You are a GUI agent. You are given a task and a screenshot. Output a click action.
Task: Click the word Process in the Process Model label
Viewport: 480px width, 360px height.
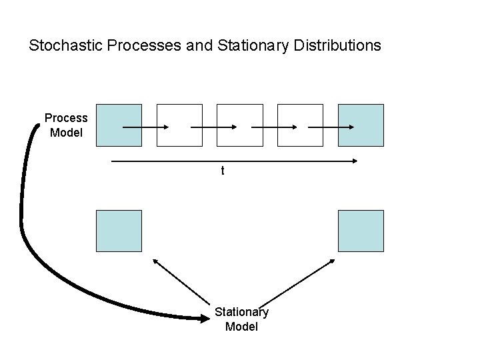pos(66,118)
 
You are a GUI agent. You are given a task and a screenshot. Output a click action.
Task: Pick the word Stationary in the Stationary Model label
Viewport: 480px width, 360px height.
pos(241,312)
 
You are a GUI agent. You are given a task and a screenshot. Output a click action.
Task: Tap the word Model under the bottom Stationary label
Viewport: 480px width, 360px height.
pos(241,327)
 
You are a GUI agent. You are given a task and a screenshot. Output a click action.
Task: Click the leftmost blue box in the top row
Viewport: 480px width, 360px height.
pos(119,125)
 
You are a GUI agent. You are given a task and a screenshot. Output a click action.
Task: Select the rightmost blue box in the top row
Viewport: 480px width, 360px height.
pos(361,125)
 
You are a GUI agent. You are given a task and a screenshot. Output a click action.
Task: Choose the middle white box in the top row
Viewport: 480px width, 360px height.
pos(240,125)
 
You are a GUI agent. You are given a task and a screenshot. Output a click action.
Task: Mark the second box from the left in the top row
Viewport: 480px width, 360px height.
pos(179,125)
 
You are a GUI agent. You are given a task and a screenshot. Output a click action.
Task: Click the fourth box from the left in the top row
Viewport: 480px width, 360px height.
pos(300,125)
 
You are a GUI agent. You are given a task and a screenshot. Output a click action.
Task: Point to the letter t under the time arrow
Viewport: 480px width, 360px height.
pos(223,171)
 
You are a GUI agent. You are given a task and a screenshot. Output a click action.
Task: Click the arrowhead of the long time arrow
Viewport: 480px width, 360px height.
pos(354,160)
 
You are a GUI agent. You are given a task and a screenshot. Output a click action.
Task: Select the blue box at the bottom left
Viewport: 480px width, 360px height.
pos(119,231)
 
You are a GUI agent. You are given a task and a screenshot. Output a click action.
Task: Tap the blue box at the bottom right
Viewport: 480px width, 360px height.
pos(361,231)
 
